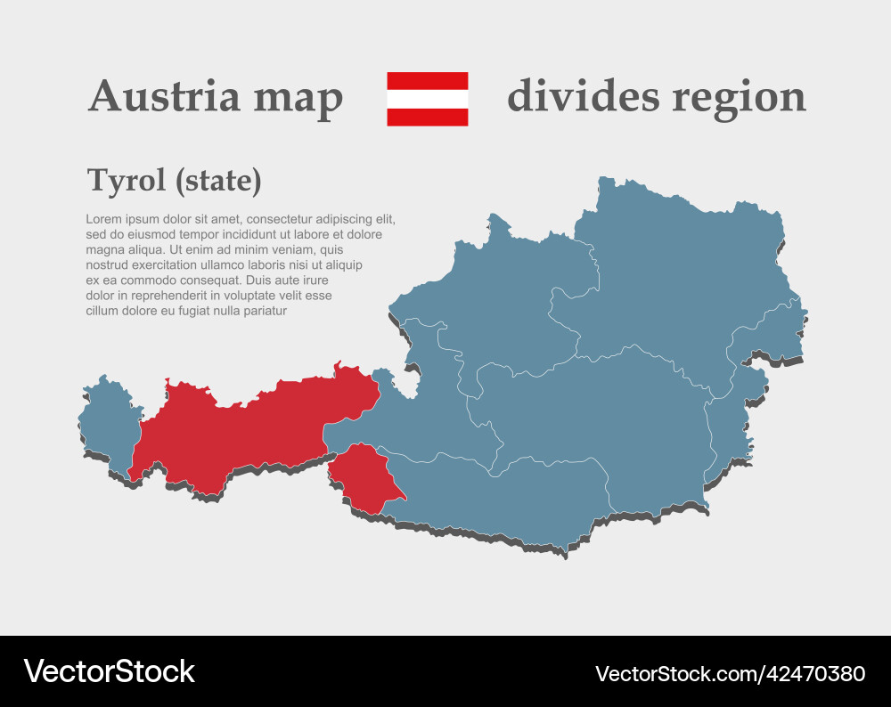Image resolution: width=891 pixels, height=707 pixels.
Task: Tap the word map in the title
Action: [298, 98]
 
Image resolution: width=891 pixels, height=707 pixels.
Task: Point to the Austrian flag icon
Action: [427, 99]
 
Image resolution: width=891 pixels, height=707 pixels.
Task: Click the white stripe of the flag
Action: [427, 99]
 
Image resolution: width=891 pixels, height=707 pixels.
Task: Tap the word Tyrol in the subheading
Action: [127, 181]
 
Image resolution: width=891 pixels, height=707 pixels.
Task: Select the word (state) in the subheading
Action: [218, 181]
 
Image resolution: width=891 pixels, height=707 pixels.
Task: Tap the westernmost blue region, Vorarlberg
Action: [109, 423]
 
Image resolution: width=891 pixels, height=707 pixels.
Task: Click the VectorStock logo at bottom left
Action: [109, 670]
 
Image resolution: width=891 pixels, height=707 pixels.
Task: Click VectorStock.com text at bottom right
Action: [677, 673]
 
